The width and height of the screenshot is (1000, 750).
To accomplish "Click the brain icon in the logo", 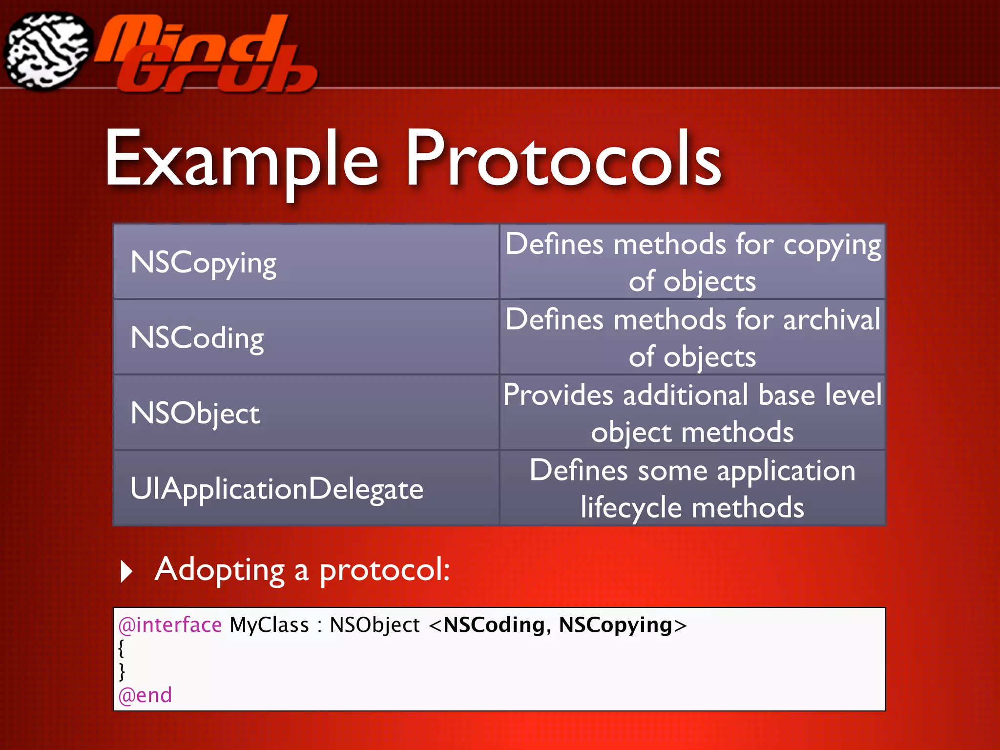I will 47,51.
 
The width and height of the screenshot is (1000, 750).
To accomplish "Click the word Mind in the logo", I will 190,39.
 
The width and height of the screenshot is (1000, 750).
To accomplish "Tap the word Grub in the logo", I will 217,73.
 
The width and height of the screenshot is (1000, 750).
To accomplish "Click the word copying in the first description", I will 832,245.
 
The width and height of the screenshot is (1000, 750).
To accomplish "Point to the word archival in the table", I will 832,320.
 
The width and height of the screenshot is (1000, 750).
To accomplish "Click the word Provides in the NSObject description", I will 558,395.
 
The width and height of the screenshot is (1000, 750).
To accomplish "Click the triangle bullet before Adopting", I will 126,571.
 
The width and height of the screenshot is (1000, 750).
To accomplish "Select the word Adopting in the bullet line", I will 219,570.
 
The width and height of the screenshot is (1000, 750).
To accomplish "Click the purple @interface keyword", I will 170,625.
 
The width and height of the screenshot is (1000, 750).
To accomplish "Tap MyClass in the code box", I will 269,625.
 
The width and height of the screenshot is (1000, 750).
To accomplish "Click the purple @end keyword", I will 145,695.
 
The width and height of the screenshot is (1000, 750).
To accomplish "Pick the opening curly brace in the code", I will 121,648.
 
